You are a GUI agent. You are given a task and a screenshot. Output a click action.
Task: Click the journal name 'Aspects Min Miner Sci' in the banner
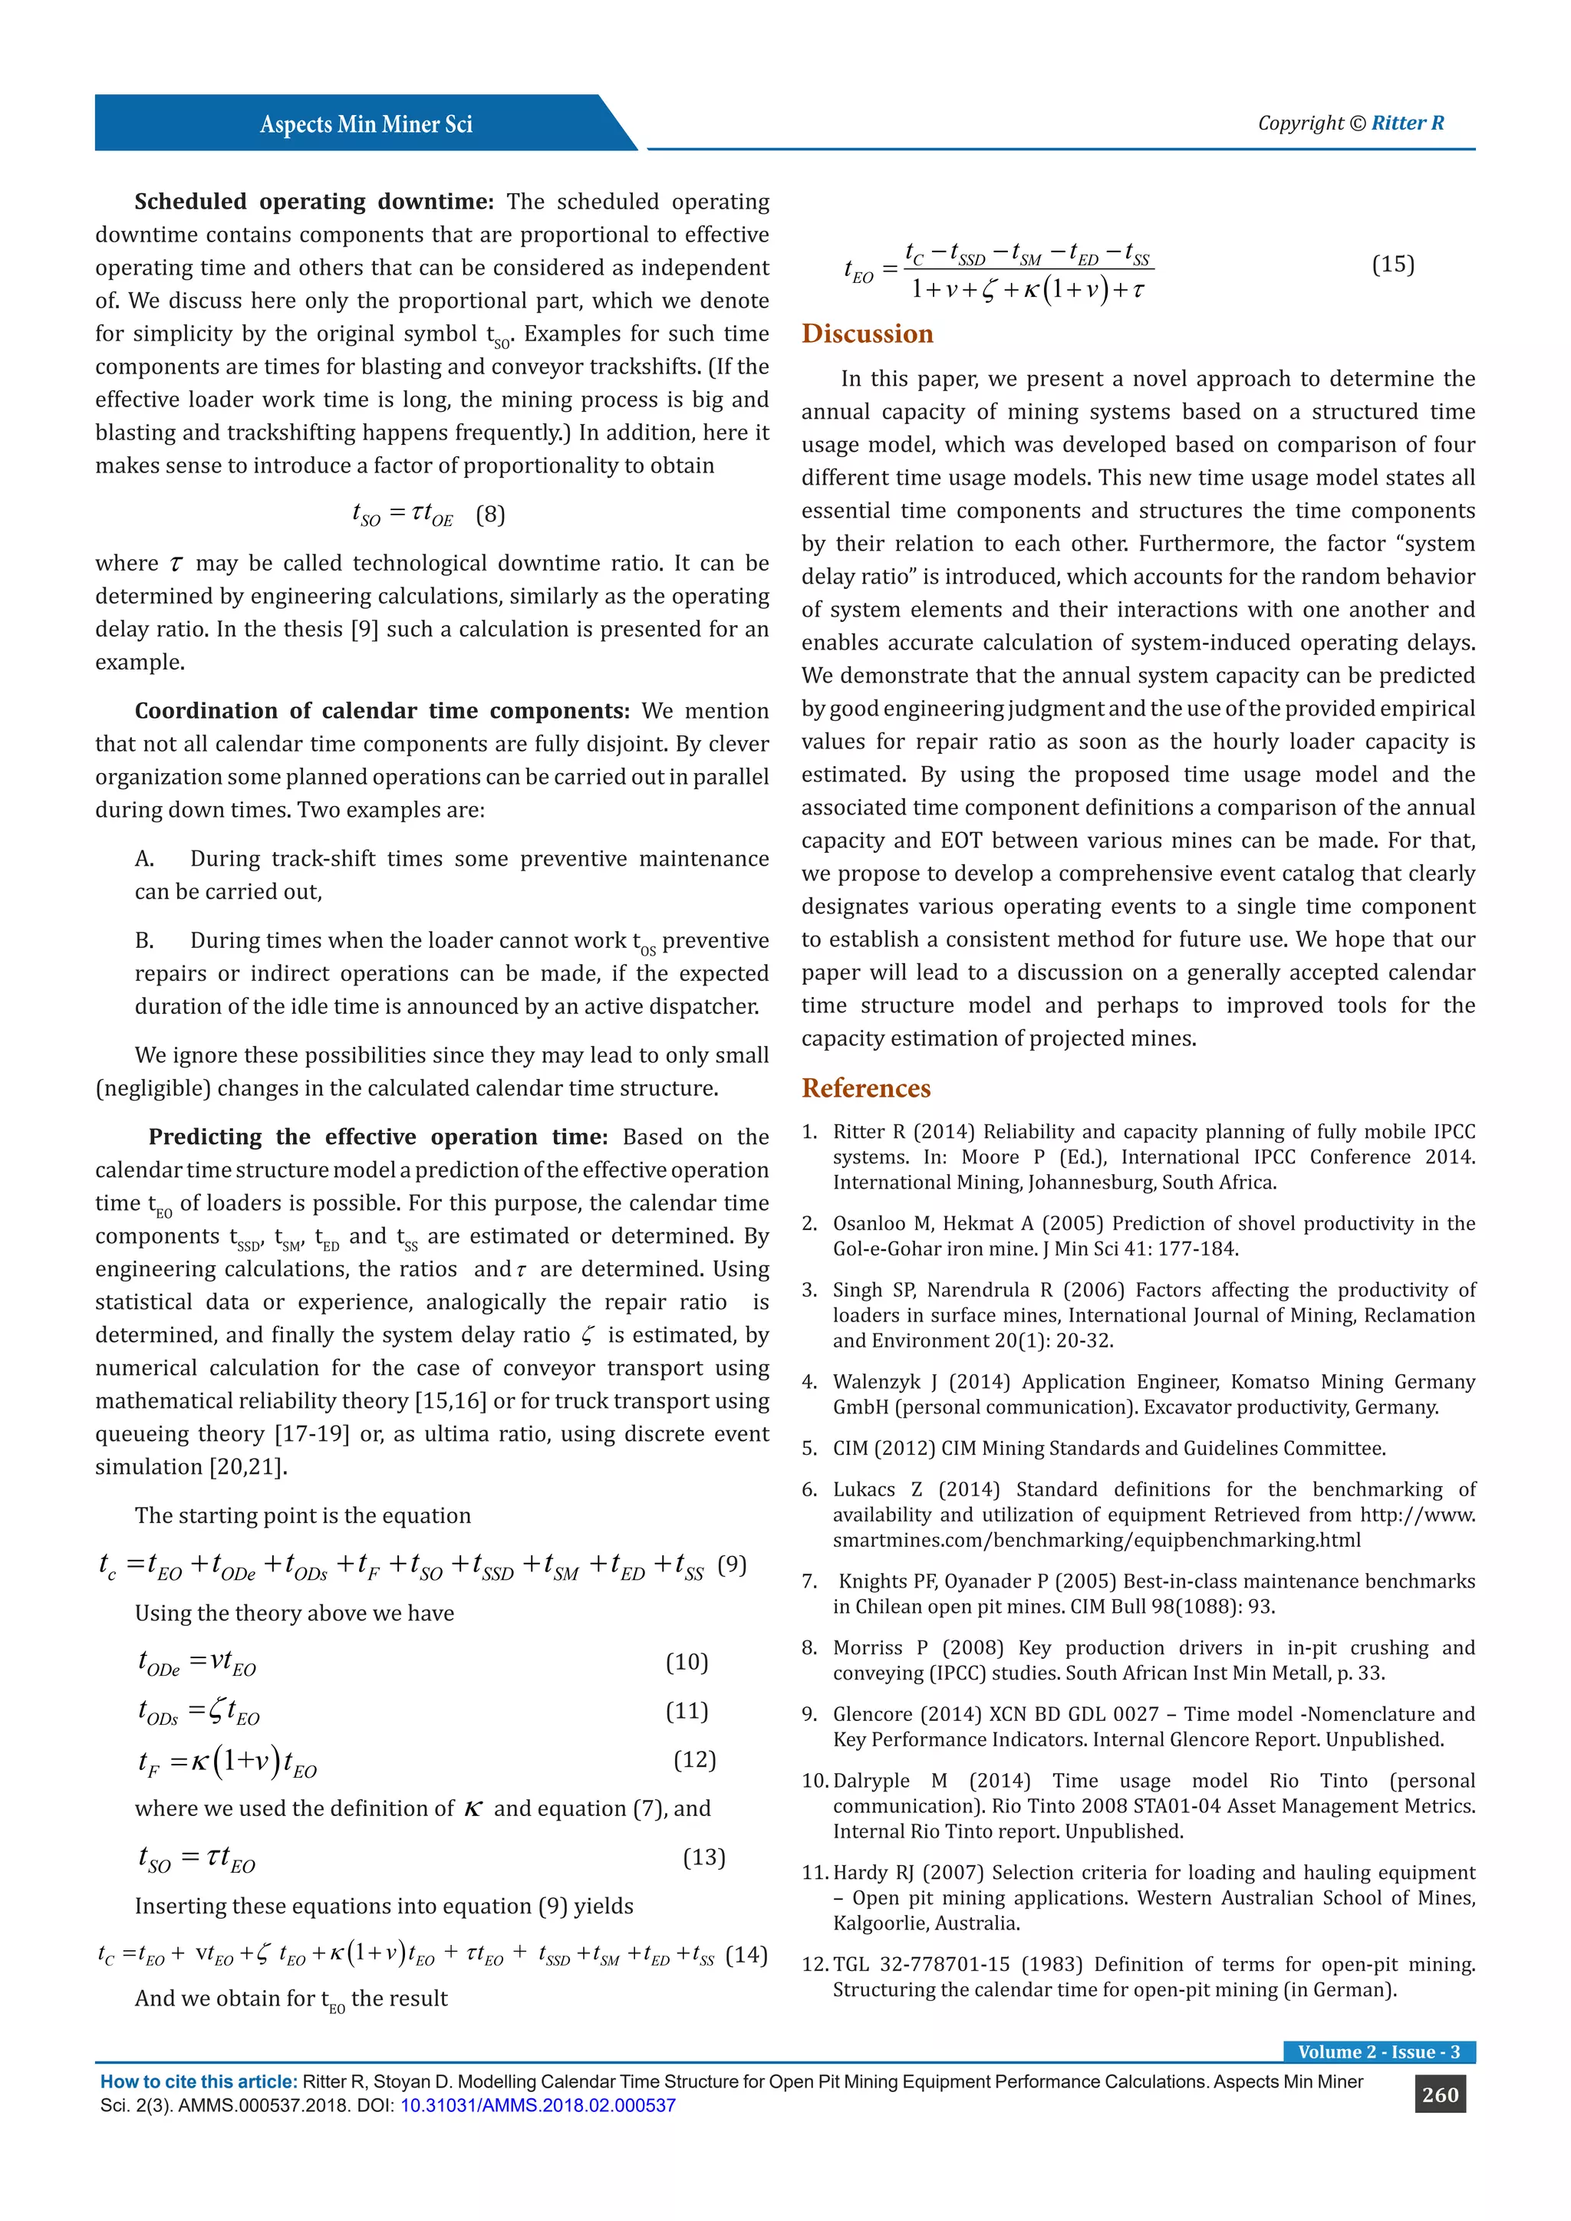tap(366, 123)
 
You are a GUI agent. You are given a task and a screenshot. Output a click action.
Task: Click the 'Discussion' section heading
tap(867, 334)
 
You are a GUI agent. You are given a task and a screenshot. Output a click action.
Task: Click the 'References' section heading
tap(866, 1088)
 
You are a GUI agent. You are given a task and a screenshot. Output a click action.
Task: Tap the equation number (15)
tap(1392, 264)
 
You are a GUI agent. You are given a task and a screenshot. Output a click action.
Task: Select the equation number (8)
tap(490, 514)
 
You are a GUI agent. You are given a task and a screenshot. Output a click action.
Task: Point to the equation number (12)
tap(693, 1759)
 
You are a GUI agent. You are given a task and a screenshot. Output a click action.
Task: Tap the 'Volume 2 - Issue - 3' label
tap(1378, 2052)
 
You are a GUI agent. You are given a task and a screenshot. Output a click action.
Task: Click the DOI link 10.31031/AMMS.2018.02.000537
tap(538, 2105)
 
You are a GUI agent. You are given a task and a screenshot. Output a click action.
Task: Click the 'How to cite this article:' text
tap(199, 2081)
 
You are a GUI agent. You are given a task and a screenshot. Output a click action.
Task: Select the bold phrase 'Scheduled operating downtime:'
tap(314, 201)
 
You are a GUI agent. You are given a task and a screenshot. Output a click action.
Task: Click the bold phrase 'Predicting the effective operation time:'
tap(377, 1137)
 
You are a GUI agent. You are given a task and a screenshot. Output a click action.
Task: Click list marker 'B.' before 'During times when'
tap(144, 940)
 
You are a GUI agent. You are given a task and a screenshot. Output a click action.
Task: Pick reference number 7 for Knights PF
tap(810, 1581)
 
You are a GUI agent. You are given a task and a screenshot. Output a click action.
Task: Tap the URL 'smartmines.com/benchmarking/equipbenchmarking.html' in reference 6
tap(1096, 1540)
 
